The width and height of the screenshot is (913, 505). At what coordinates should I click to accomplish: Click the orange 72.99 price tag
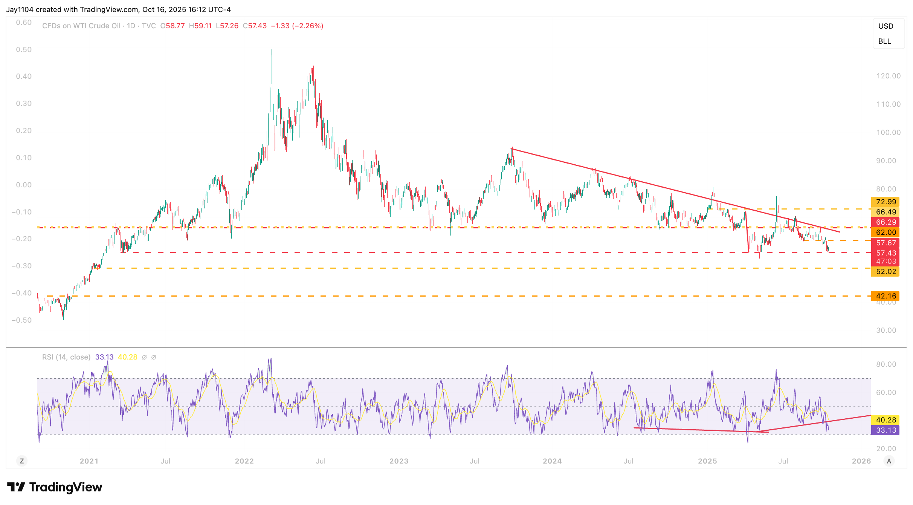[x=885, y=202]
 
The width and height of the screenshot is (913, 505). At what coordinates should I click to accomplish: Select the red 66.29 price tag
[x=885, y=222]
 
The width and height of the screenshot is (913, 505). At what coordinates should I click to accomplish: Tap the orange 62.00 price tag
[x=885, y=232]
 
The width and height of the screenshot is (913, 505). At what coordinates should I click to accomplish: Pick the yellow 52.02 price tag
[x=885, y=271]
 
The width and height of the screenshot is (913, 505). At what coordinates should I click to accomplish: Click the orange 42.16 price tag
[x=885, y=296]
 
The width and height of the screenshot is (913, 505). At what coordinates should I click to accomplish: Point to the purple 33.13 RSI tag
[x=885, y=430]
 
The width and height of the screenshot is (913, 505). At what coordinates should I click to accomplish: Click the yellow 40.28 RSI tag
[x=885, y=420]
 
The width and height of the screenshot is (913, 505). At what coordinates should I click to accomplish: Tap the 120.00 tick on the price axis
[x=888, y=76]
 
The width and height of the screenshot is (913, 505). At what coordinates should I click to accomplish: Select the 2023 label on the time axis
[x=398, y=461]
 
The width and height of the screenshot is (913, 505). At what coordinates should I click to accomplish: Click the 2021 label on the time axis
[x=89, y=461]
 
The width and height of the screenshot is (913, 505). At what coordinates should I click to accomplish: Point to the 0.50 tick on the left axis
[x=24, y=49]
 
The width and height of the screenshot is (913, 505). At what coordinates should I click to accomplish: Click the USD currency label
[x=886, y=26]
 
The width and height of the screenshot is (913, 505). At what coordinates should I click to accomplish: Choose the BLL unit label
[x=884, y=41]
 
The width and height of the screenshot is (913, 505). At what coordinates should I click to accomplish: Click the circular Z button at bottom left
[x=22, y=461]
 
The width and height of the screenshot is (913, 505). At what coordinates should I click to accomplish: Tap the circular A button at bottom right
[x=889, y=461]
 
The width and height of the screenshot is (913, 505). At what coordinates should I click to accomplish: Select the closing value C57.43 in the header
[x=255, y=26]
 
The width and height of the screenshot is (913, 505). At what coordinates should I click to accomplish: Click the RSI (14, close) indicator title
[x=66, y=357]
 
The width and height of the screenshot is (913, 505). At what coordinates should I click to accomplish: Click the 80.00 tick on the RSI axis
[x=886, y=364]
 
